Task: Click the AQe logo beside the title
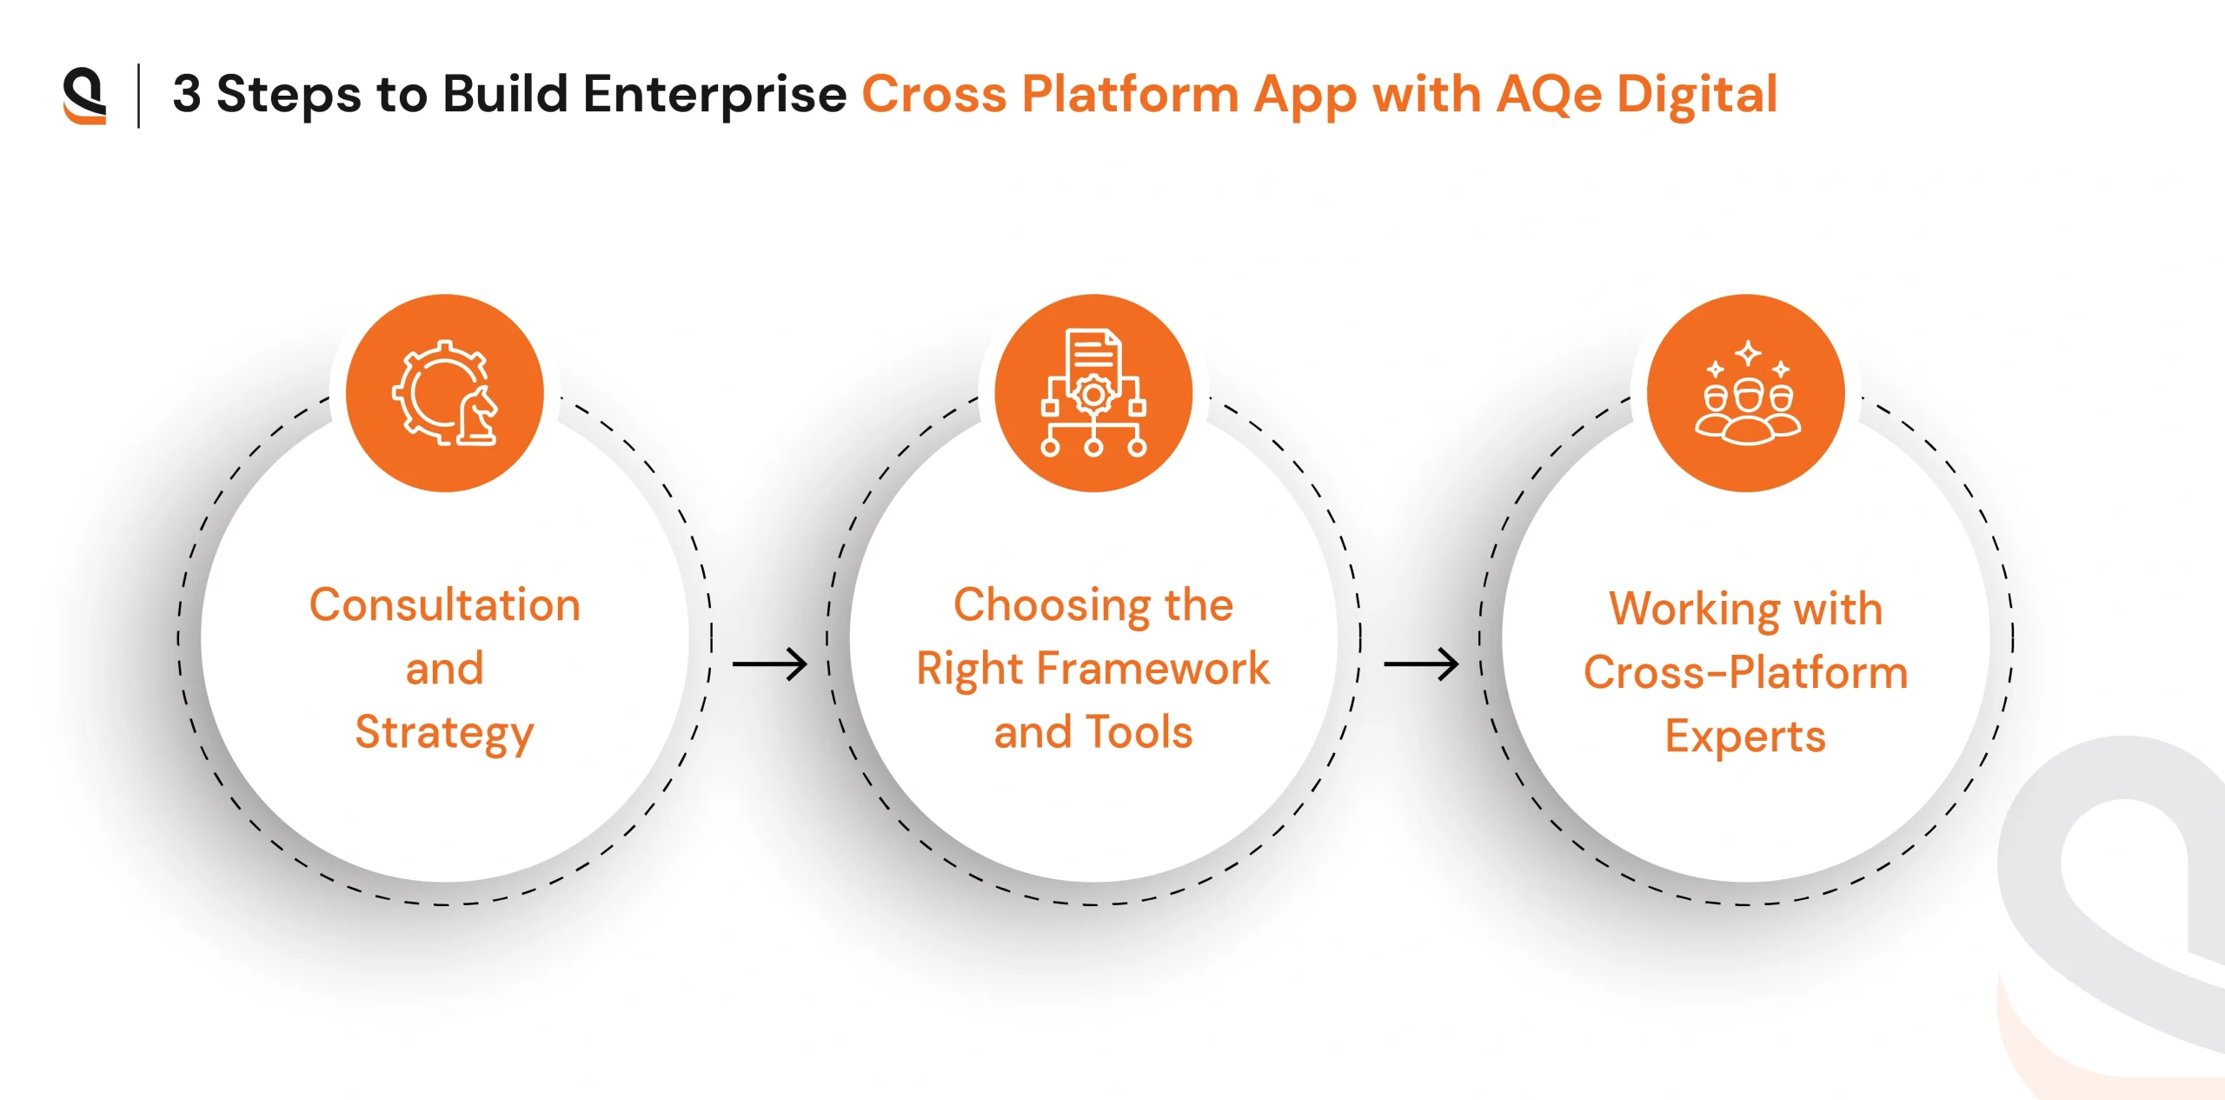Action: tap(84, 96)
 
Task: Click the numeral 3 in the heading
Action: tap(187, 94)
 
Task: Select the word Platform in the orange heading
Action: tap(1130, 94)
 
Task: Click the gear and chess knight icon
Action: tap(445, 393)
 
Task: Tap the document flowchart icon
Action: tap(1093, 393)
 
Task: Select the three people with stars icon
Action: tap(1747, 393)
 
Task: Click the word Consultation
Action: tap(445, 604)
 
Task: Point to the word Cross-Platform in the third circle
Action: tap(1745, 672)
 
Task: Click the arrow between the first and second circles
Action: tap(770, 664)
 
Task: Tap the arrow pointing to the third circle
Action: tap(1421, 664)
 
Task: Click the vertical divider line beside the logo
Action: tap(139, 96)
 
